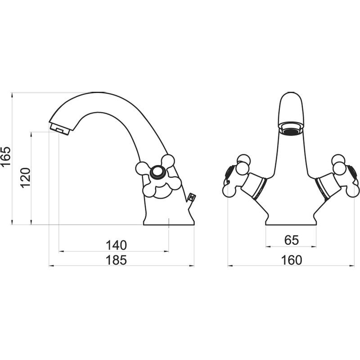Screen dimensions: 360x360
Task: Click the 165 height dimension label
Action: point(5,156)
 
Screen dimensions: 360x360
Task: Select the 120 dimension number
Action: point(25,178)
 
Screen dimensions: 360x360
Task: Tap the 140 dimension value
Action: point(116,245)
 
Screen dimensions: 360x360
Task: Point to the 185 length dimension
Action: point(116,260)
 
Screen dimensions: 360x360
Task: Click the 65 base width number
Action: point(291,240)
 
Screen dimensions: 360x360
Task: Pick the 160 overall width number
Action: point(291,260)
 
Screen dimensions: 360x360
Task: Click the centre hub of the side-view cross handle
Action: point(157,172)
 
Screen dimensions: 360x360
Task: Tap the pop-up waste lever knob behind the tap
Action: point(191,197)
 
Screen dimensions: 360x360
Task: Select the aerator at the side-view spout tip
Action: point(59,129)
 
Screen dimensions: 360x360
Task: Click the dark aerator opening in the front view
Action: point(292,131)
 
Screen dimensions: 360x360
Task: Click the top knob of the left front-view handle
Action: point(243,159)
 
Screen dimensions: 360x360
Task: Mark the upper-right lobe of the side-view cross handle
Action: point(168,161)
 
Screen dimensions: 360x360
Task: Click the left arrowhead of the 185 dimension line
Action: point(51,266)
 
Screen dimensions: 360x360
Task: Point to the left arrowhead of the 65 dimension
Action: point(268,247)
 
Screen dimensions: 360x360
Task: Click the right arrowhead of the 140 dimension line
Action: point(166,252)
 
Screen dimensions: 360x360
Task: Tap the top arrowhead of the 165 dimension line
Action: point(12,95)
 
